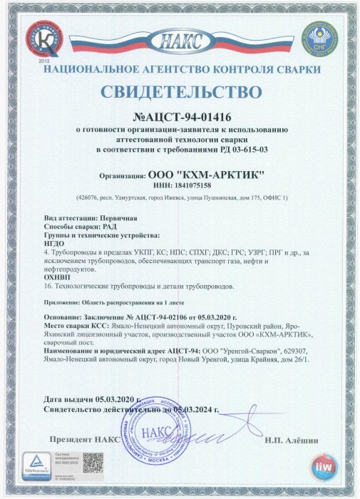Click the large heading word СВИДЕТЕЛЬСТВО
click(x=180, y=93)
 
